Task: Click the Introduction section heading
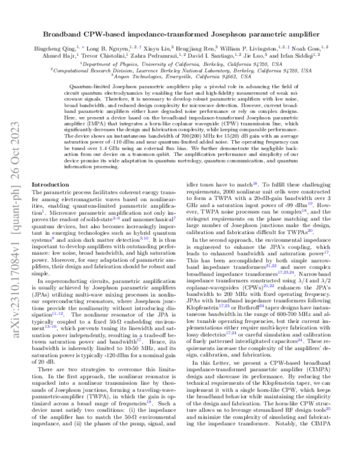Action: tap(50, 184)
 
